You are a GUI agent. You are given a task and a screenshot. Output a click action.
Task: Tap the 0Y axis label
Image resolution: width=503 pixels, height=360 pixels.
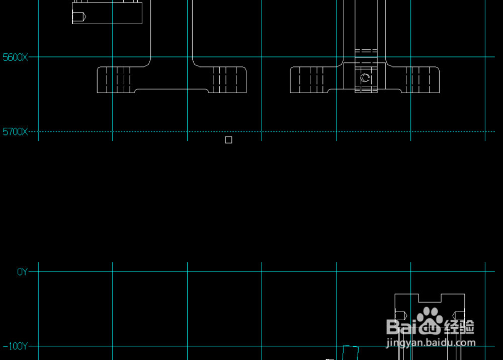(22, 272)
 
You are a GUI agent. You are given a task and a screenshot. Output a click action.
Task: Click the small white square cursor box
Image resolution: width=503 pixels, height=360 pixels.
(228, 140)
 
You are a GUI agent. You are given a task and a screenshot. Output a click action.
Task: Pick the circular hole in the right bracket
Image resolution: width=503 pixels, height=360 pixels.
(365, 78)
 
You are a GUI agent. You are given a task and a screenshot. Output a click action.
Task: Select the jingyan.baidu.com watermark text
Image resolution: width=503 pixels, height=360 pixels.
(431, 343)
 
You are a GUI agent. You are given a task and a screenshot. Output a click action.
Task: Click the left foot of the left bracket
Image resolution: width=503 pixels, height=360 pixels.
(116, 80)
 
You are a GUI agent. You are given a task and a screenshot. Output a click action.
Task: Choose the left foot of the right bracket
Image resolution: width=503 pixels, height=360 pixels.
(309, 80)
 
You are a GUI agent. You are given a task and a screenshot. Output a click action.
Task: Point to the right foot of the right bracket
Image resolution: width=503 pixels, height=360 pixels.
(421, 80)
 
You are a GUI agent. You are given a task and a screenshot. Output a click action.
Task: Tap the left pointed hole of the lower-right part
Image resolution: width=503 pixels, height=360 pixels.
(401, 316)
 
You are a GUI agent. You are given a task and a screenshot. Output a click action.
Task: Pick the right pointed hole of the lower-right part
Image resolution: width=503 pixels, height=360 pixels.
(458, 316)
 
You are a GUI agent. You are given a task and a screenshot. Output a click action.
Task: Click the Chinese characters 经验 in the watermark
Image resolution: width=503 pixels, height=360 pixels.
(459, 327)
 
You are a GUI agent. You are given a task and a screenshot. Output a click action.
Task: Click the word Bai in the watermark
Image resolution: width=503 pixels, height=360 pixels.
(402, 327)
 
